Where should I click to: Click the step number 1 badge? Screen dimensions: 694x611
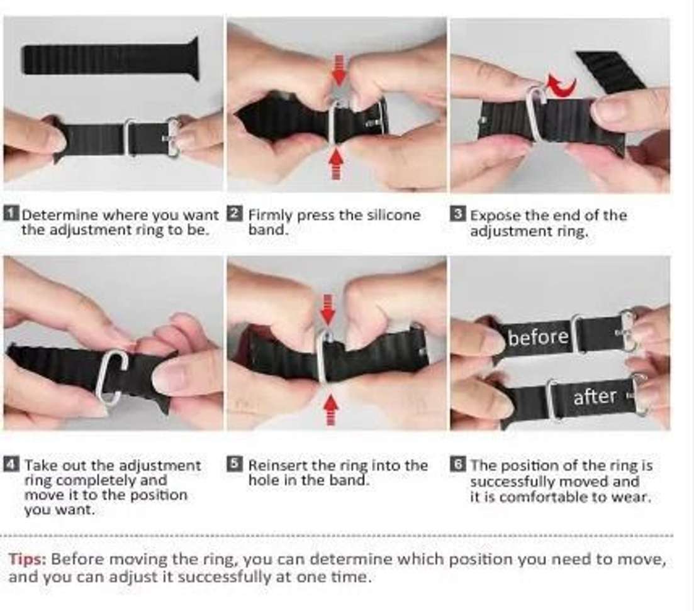tap(11, 214)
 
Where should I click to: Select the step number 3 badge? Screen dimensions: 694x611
tap(458, 214)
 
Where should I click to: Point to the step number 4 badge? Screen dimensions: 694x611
tap(11, 464)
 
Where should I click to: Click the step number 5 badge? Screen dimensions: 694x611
tap(235, 464)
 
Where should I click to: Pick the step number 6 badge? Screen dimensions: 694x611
tap(458, 464)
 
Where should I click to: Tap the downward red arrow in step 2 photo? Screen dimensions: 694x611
tap(339, 69)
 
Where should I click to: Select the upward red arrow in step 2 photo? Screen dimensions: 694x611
tap(337, 163)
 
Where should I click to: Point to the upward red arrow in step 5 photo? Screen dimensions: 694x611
tap(330, 410)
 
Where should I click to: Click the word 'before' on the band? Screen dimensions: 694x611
tap(538, 338)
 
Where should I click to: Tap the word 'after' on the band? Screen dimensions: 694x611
tap(595, 397)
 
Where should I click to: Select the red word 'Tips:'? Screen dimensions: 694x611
tap(27, 559)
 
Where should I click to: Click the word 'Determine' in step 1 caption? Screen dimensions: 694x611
tap(53, 215)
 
